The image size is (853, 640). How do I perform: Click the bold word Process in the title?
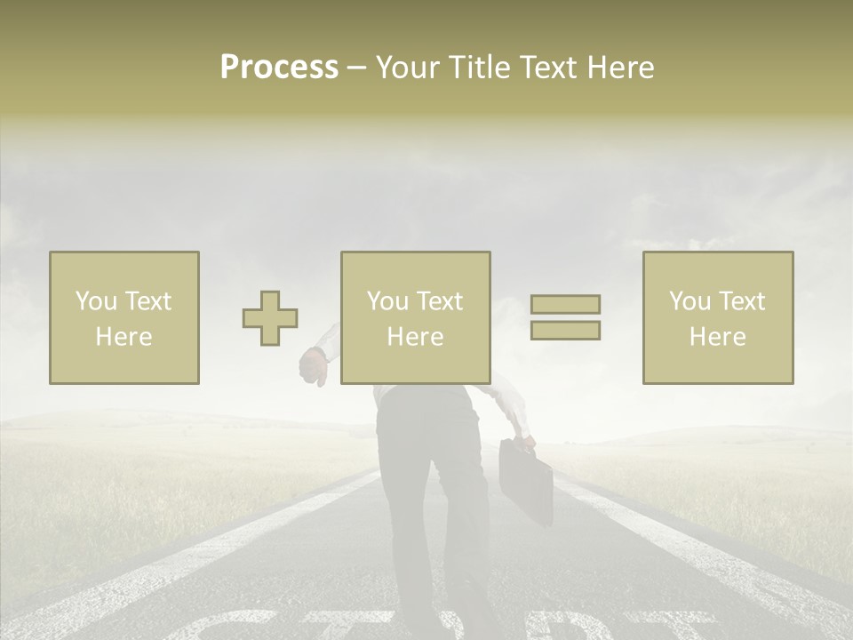point(279,68)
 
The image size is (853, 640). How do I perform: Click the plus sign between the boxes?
point(270,317)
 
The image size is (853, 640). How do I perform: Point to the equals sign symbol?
point(565,317)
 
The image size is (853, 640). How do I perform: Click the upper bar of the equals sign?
point(565,304)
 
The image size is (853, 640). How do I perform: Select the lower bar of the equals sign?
point(565,330)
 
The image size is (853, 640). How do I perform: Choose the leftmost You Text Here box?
point(124,317)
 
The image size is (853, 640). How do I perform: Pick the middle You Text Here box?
point(415,317)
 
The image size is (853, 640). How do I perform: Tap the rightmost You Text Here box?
point(717,317)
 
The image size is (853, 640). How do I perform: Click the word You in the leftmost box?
point(96,301)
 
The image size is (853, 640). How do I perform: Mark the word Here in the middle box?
point(415,337)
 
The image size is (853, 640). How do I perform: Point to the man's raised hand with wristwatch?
point(314,364)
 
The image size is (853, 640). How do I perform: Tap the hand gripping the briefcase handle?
point(525,440)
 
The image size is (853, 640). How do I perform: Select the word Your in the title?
point(404,68)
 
